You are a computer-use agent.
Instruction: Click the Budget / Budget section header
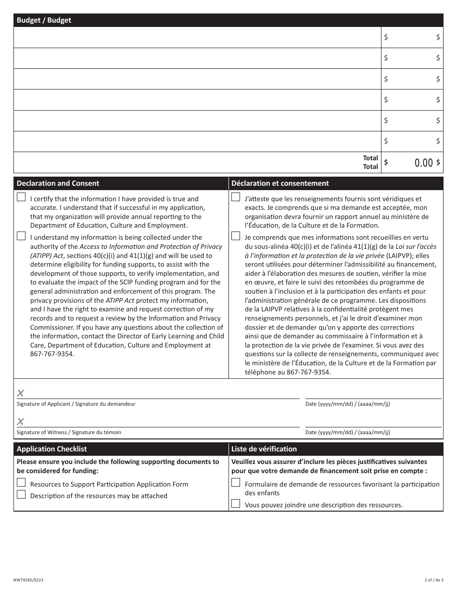point(44,20)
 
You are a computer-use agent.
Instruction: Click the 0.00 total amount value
point(423,163)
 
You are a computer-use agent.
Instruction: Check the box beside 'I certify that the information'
point(21,197)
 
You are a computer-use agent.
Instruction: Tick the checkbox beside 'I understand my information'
point(21,236)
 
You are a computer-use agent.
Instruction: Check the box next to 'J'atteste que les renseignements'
point(236,197)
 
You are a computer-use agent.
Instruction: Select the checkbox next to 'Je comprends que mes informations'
point(236,236)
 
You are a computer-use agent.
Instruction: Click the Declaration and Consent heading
point(58,183)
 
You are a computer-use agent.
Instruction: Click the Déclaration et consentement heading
point(280,183)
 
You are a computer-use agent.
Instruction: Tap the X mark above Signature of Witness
point(21,422)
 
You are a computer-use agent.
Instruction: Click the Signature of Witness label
point(69,432)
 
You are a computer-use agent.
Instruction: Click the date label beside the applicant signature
point(347,404)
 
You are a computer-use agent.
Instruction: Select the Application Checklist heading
point(51,449)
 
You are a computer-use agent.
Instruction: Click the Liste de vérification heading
point(264,449)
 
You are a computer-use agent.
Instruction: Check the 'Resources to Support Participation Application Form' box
point(21,482)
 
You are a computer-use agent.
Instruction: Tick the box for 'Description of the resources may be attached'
point(21,494)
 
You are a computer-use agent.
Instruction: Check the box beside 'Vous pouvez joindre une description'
point(236,503)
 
